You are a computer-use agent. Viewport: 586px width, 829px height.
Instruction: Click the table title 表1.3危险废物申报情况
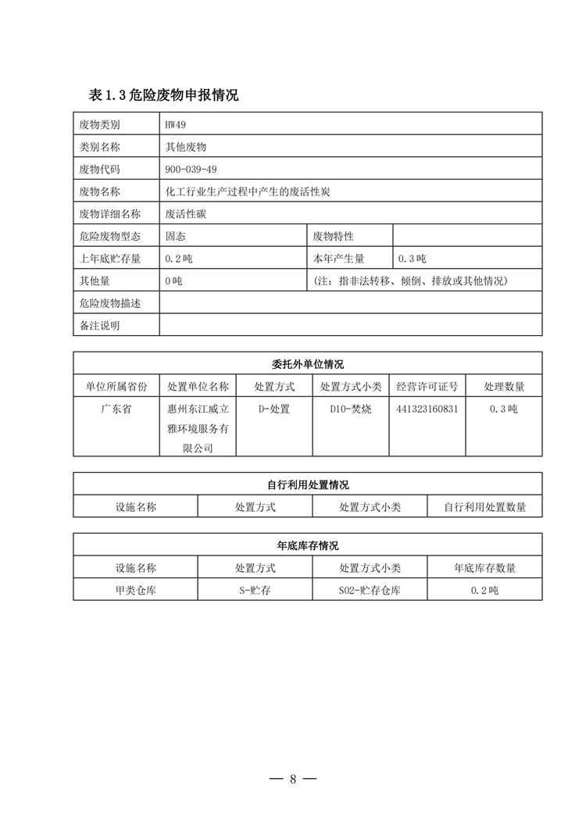163,95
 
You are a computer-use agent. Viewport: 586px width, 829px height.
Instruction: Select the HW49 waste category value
176,124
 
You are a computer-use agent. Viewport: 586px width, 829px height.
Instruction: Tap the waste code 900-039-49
191,169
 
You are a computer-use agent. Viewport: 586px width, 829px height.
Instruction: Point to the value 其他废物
185,146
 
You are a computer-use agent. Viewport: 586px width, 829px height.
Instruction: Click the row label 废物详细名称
110,213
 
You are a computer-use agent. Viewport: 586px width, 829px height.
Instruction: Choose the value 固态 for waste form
175,236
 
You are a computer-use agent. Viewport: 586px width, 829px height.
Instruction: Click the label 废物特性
334,236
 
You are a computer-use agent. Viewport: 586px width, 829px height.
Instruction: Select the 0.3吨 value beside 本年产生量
412,259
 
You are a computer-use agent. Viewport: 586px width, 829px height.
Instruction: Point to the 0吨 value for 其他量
173,281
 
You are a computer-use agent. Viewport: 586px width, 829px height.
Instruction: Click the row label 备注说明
100,325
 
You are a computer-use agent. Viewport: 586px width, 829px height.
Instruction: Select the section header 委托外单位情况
308,364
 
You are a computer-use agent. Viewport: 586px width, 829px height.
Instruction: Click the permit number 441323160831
427,409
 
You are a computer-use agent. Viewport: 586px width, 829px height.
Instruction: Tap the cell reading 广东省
116,409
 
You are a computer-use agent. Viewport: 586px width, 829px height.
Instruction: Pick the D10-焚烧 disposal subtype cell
350,409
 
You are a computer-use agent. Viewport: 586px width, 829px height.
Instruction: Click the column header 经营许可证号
427,386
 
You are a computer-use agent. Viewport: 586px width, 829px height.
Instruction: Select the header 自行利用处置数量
484,506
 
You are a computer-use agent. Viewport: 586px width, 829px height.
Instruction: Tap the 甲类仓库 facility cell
135,590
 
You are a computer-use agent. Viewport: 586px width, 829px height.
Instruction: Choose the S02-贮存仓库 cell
370,590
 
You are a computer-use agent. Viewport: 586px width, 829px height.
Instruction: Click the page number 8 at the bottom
293,779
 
